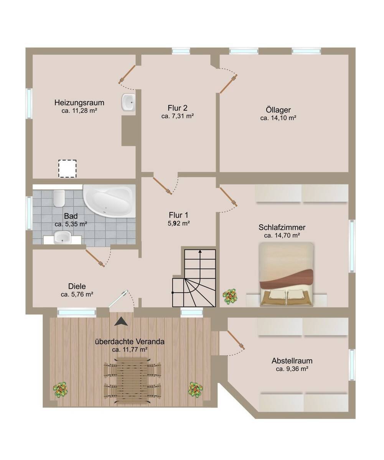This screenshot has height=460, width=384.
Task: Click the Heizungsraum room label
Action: [x=79, y=103]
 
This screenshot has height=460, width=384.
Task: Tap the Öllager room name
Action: [x=278, y=110]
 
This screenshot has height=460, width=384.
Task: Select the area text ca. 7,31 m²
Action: [x=178, y=116]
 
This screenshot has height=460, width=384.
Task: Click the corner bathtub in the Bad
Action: [x=109, y=201]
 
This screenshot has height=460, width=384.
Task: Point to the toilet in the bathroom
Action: [x=59, y=199]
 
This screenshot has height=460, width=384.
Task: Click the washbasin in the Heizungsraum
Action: [x=128, y=102]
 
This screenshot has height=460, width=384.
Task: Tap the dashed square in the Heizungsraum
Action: [x=68, y=169]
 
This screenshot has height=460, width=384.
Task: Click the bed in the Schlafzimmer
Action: [x=287, y=274]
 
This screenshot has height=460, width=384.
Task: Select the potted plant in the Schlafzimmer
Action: [x=230, y=296]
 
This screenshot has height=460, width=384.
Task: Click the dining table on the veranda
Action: [x=132, y=381]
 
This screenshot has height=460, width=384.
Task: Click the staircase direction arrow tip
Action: [x=200, y=250]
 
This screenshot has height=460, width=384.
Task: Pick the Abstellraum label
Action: [x=292, y=361]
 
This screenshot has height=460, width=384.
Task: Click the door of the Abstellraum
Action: [x=236, y=340]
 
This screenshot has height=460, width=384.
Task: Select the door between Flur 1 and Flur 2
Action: [x=162, y=186]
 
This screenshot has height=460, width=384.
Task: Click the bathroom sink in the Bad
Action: [x=63, y=237]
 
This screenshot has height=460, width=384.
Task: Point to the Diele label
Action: [x=77, y=286]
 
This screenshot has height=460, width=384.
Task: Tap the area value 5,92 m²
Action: [x=179, y=223]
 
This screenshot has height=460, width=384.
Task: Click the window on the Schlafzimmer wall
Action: [x=352, y=246]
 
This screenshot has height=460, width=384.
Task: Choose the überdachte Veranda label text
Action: [x=130, y=342]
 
